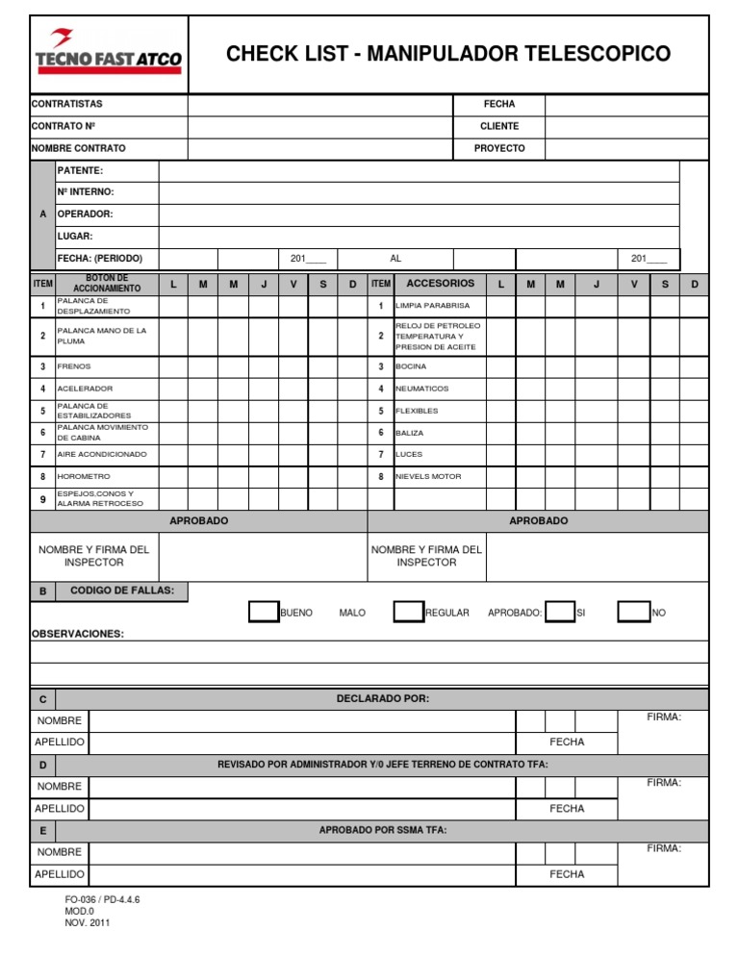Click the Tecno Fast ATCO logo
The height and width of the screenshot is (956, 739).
point(108,54)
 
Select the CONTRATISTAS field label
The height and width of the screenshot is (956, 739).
point(67,104)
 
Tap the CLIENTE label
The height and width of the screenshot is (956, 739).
point(499,126)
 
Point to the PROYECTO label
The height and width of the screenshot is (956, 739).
point(499,148)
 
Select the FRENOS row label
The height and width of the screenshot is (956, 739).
point(74,366)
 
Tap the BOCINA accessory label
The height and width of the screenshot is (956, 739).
point(412,366)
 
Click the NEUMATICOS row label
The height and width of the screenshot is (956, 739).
point(421,389)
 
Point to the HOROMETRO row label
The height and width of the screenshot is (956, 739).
point(84,476)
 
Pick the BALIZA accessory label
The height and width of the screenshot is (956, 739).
point(409,433)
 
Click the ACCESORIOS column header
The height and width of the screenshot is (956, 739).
point(440,284)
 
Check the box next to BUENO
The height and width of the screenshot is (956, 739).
point(263,612)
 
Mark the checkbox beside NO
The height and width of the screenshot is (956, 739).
point(632,612)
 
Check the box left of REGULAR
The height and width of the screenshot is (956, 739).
point(409,612)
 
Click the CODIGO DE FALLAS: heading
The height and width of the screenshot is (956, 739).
point(122,590)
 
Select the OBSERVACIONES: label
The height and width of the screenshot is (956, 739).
point(78,634)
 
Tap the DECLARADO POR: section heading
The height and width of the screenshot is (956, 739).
point(383,698)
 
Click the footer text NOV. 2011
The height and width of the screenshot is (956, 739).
point(88,922)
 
